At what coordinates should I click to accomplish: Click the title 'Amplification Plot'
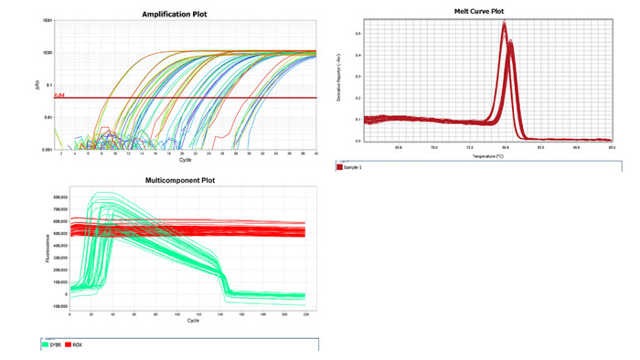(x=185, y=14)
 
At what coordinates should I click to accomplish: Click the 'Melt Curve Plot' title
(x=479, y=12)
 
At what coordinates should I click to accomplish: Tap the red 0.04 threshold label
(x=60, y=95)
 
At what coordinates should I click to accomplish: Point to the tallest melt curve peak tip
(x=504, y=24)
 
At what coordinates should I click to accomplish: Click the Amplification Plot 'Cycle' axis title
(x=186, y=162)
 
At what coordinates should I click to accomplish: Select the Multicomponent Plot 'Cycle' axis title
(x=193, y=321)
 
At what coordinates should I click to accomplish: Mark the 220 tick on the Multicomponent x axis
(x=304, y=313)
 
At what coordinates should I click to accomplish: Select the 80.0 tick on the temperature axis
(x=505, y=146)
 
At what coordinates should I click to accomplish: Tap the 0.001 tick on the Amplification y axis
(x=46, y=149)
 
